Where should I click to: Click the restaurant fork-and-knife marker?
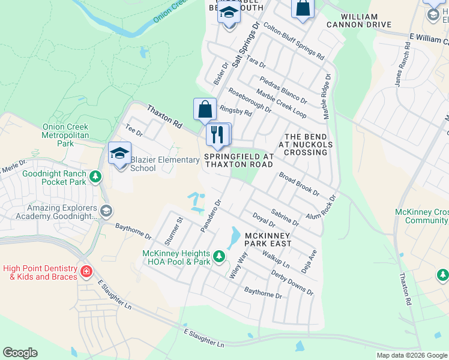point(218,134)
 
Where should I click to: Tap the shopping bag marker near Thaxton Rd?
point(205,109)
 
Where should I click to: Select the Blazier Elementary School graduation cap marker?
point(119,153)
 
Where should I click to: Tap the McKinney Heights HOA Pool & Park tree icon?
point(220,257)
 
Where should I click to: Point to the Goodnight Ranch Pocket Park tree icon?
point(95,177)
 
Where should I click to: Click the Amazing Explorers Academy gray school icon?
point(106,211)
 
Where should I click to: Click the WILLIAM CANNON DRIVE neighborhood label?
point(358,20)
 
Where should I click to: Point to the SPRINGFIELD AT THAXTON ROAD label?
point(239,160)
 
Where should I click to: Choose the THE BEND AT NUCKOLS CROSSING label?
point(306,145)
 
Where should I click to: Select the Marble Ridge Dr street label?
point(328,96)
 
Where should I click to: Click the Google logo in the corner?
point(20,353)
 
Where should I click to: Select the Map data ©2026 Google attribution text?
point(411,355)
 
